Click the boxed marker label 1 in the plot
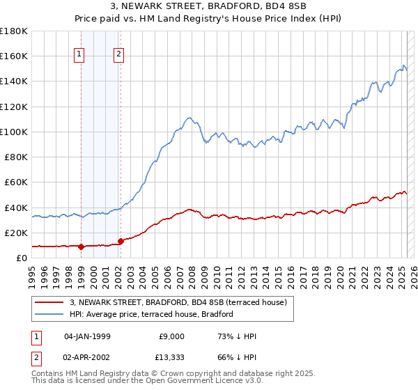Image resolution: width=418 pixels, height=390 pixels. [79, 55]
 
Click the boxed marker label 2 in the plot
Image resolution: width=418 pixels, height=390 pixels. [119, 55]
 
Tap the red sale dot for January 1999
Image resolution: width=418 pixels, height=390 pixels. [81, 246]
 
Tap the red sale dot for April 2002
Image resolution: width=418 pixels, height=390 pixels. [121, 240]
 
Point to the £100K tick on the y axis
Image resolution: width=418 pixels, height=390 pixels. [14, 132]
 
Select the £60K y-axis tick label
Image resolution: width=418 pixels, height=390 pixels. [16, 182]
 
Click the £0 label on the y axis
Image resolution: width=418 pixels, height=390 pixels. [21, 258]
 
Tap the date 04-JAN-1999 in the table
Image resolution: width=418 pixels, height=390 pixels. [87, 336]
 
